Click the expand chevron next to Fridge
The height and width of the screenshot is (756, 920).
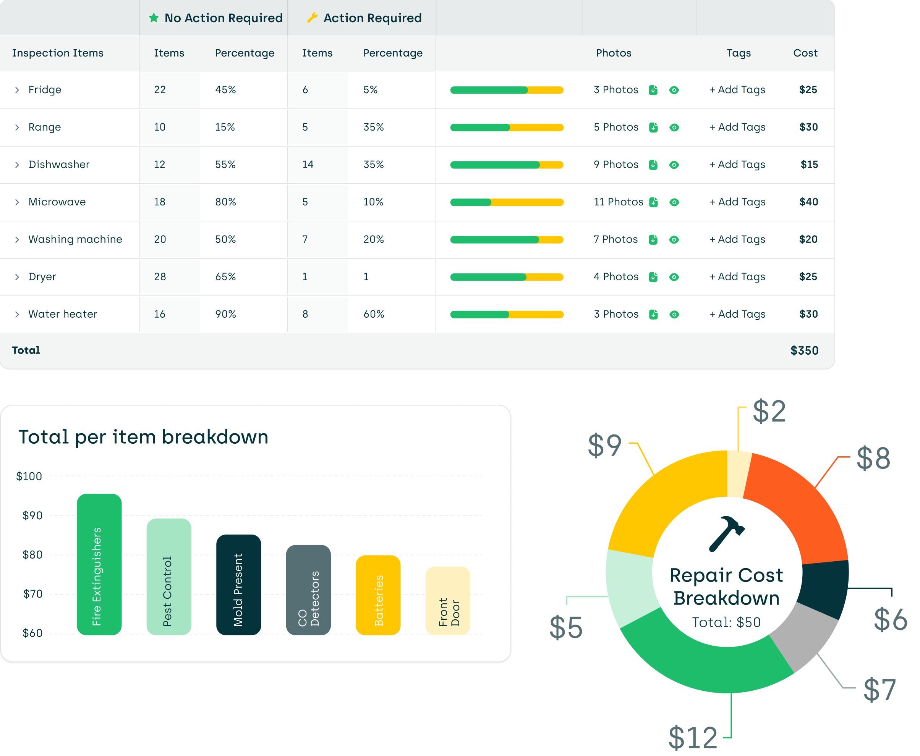(17, 90)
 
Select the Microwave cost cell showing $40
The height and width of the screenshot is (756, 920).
(808, 202)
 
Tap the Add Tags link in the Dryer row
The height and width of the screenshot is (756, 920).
(737, 277)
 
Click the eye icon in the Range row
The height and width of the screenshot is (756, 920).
(674, 128)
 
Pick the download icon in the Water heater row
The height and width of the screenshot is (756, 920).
(653, 314)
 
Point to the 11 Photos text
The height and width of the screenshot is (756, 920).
(618, 202)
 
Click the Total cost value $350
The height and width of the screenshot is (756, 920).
(804, 351)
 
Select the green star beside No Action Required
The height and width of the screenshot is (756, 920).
(154, 18)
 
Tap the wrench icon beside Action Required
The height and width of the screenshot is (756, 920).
(312, 18)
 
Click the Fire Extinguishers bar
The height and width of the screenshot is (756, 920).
(99, 564)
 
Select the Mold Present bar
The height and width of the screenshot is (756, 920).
(238, 585)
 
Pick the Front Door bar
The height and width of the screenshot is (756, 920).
(447, 601)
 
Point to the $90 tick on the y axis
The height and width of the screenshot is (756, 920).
(32, 515)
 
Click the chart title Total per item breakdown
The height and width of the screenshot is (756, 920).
(143, 437)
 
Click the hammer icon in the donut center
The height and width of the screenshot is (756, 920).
(726, 533)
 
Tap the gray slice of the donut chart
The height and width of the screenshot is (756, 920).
(804, 636)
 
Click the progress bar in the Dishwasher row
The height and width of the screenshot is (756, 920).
(506, 165)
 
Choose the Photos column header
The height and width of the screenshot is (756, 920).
(613, 53)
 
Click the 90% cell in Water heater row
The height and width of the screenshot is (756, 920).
(225, 314)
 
